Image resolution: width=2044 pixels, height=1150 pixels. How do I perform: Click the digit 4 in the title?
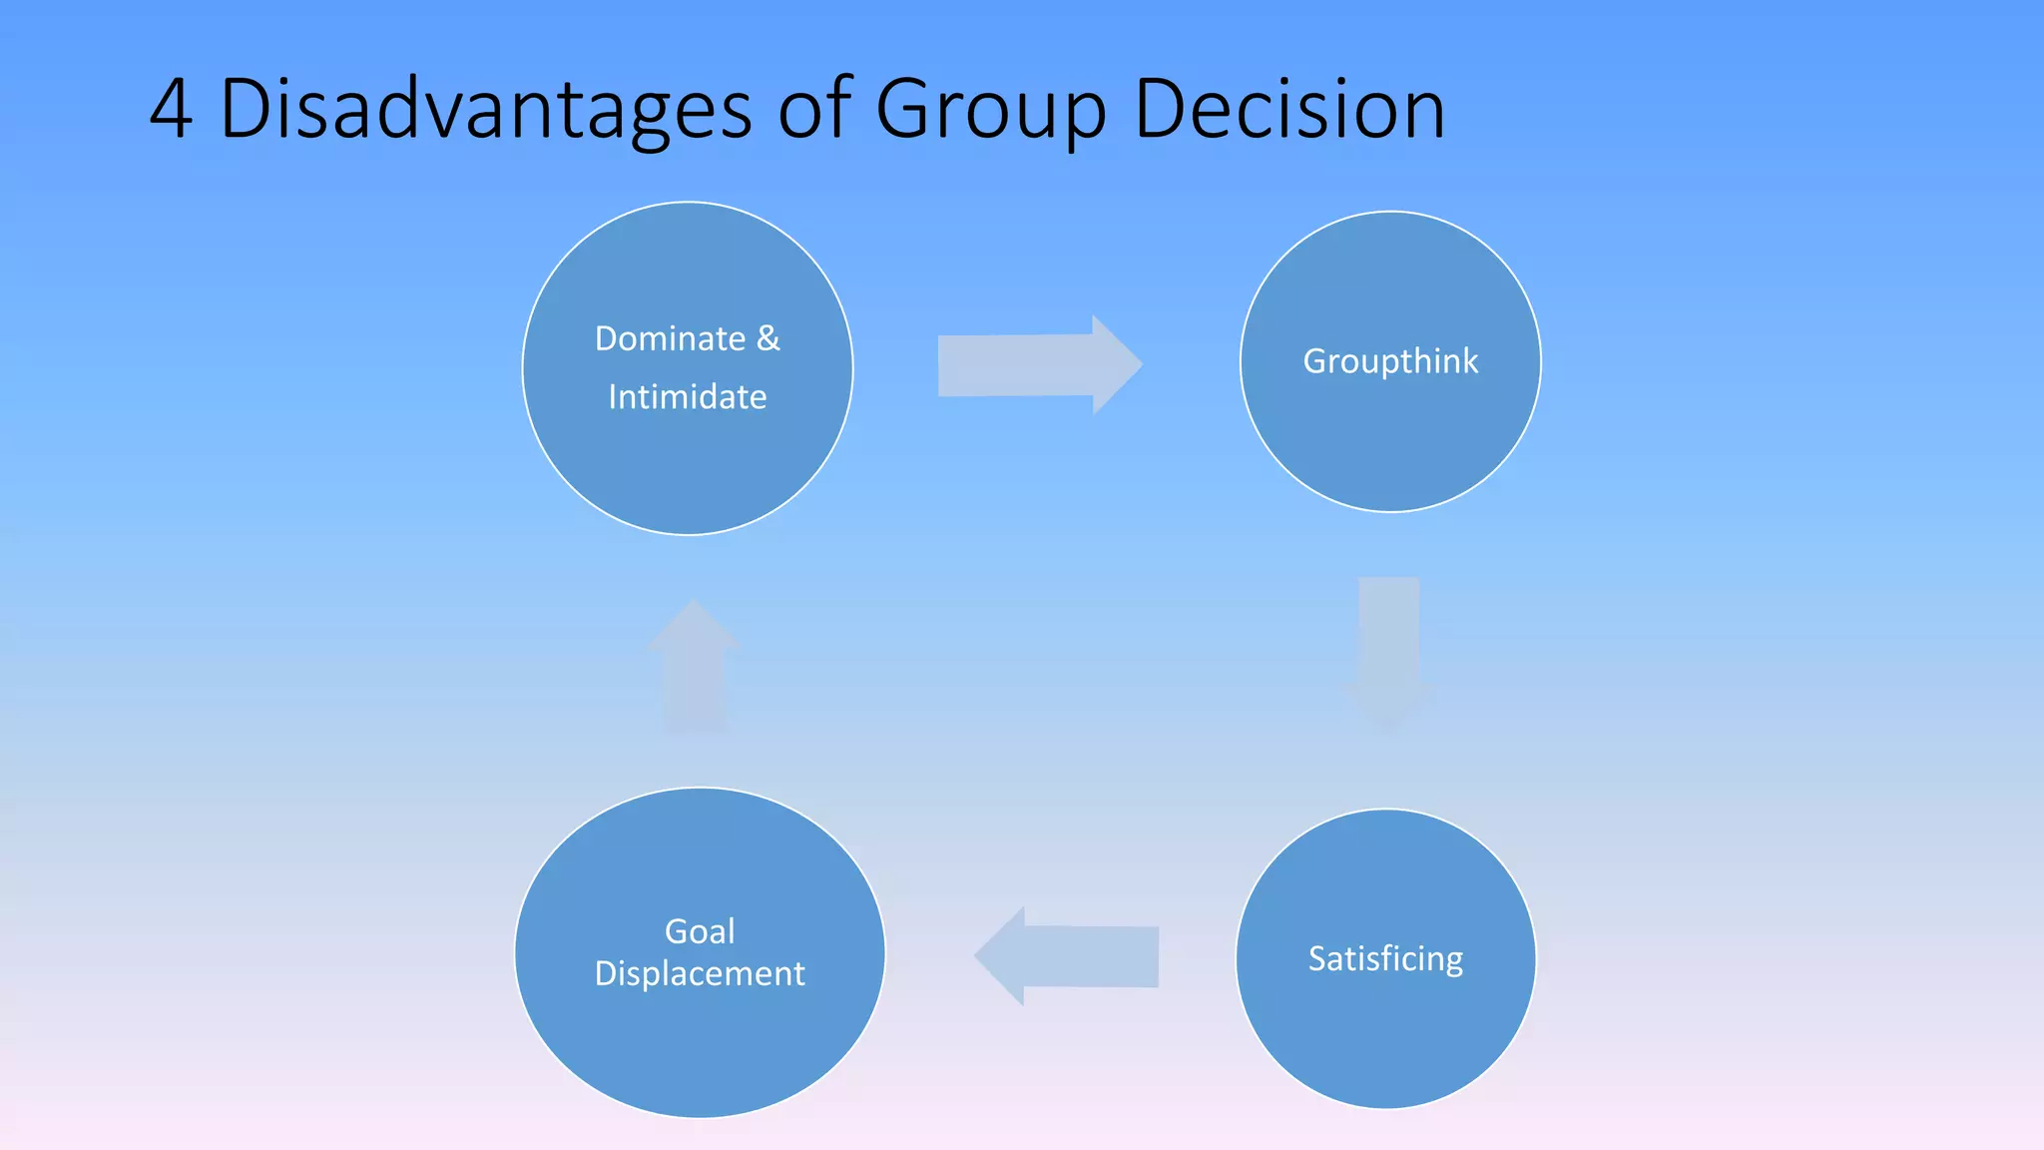tap(171, 110)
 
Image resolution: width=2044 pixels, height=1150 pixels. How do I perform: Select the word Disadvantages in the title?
tap(485, 110)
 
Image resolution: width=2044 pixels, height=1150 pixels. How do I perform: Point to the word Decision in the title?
tap(1289, 110)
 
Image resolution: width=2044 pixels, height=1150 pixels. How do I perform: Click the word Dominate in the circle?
tap(670, 339)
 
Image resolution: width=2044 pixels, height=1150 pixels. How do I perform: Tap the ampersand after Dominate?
tap(768, 339)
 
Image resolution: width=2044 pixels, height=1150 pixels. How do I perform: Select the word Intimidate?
tap(688, 397)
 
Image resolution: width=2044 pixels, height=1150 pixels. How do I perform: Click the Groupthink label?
tap(1390, 361)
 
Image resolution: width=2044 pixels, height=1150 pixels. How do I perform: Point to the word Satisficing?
tap(1385, 958)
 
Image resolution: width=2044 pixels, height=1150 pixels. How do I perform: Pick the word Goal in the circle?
tap(700, 931)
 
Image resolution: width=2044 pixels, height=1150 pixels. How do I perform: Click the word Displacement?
tap(700, 973)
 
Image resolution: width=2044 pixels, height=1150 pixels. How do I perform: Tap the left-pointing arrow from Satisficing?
tap(1068, 956)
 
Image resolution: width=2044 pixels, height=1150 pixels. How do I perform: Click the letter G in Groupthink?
tap(1315, 361)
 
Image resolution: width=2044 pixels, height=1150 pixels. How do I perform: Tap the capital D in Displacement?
tap(606, 973)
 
